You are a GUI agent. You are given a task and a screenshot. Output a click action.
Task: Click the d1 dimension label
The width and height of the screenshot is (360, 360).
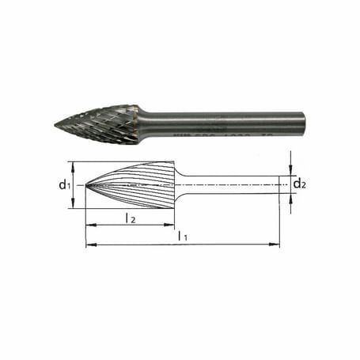coord(64,186)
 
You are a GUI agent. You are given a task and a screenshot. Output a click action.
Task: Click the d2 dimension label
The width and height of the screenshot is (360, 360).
coord(299,184)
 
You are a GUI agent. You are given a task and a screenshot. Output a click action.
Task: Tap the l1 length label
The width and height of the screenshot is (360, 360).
coord(183,236)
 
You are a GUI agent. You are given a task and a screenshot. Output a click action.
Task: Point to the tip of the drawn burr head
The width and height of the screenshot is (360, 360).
coord(85,186)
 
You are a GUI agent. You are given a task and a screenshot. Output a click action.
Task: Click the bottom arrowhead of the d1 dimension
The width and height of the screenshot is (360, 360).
coord(73,206)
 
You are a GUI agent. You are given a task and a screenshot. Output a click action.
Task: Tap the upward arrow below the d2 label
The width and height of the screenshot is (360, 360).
coord(291,199)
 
